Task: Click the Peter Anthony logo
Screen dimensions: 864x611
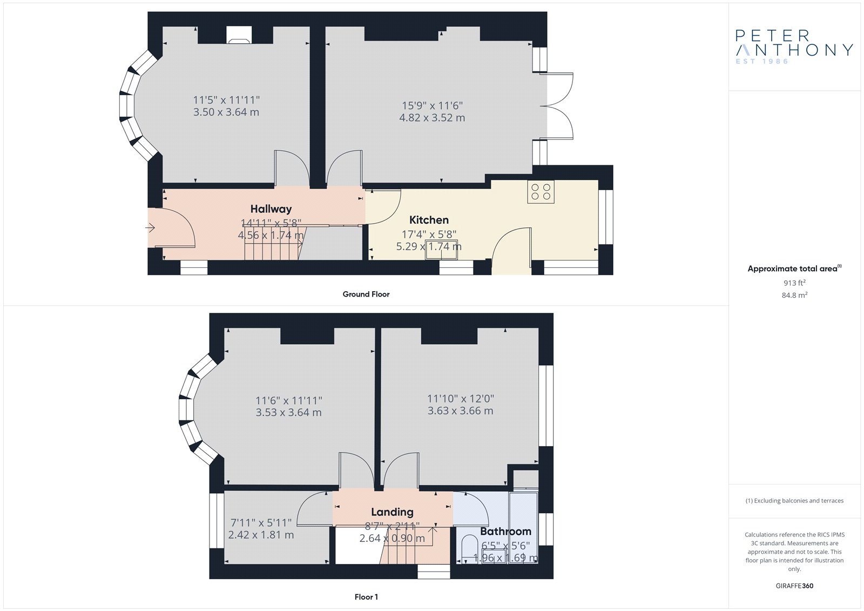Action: pyautogui.click(x=794, y=47)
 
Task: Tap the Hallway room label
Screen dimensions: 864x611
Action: pyautogui.click(x=271, y=209)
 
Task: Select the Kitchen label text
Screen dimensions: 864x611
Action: pyautogui.click(x=429, y=220)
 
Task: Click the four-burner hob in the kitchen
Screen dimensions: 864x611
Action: pyautogui.click(x=541, y=192)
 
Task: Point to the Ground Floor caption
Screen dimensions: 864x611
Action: pyautogui.click(x=366, y=294)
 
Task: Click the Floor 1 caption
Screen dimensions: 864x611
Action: pyautogui.click(x=366, y=597)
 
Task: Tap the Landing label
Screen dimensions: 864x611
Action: pyautogui.click(x=392, y=512)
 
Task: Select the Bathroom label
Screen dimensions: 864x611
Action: pyautogui.click(x=505, y=532)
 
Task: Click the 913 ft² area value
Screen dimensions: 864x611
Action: pyautogui.click(x=794, y=283)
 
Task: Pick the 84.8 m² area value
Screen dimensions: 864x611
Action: pyautogui.click(x=794, y=296)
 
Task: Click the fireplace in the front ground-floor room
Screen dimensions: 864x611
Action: pyautogui.click(x=239, y=35)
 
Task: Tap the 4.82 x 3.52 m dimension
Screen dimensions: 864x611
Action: pyautogui.click(x=432, y=118)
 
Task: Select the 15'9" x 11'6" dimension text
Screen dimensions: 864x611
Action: pyautogui.click(x=432, y=105)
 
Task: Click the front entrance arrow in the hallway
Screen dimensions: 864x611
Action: pyautogui.click(x=150, y=228)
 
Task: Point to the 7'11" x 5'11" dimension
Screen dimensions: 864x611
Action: pyautogui.click(x=261, y=522)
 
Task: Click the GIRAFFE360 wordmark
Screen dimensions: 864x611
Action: pyautogui.click(x=794, y=586)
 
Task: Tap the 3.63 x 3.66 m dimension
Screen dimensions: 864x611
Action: pyautogui.click(x=460, y=411)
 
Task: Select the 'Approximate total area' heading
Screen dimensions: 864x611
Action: pyautogui.click(x=794, y=268)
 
